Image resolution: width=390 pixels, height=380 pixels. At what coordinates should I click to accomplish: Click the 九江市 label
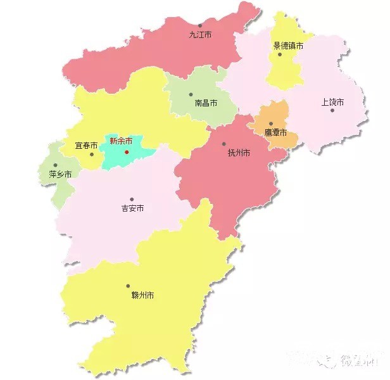(x=200, y=35)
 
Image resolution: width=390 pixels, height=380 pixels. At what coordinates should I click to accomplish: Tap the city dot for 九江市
(x=199, y=25)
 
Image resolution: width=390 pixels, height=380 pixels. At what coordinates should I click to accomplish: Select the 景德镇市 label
(x=288, y=46)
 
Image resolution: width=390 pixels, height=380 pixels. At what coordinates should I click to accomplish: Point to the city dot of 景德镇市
(x=280, y=54)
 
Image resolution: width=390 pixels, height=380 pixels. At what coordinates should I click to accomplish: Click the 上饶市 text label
(x=332, y=101)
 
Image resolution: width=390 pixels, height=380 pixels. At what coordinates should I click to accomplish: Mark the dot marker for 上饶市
(x=332, y=110)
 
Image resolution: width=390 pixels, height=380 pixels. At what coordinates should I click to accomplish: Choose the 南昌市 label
(x=206, y=103)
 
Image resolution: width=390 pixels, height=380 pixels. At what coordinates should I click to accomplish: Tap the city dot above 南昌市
(x=191, y=95)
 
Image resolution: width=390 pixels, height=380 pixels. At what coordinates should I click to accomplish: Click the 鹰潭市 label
(x=275, y=133)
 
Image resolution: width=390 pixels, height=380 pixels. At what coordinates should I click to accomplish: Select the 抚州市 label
(x=239, y=153)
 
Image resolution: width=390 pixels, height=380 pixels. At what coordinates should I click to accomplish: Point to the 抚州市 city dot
(x=225, y=144)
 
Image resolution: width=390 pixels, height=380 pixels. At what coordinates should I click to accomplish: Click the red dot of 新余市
(x=127, y=152)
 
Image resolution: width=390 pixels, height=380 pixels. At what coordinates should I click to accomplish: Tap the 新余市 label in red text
(x=121, y=141)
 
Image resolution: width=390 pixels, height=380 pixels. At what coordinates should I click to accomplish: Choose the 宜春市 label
(x=86, y=146)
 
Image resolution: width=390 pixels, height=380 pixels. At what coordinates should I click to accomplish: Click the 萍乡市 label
(x=60, y=174)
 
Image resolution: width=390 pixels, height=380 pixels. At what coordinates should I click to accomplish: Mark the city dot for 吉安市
(x=132, y=199)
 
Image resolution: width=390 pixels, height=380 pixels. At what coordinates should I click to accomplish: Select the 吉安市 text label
(x=132, y=208)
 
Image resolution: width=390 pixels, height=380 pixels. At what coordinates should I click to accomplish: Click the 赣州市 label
(x=143, y=295)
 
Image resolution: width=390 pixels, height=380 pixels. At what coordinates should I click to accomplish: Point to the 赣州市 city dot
(x=128, y=286)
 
